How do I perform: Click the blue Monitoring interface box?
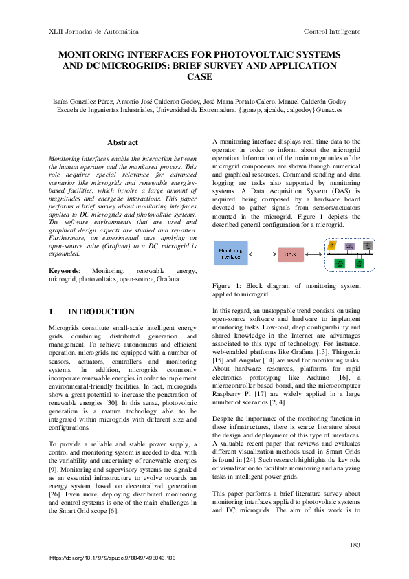[230, 253]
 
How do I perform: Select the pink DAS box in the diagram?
[289, 254]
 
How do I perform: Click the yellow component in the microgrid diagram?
[331, 245]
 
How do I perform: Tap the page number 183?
[355, 545]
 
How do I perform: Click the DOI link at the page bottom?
[113, 558]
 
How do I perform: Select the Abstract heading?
[123, 142]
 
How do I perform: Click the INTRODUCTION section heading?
[101, 312]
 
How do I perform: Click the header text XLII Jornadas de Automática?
[93, 32]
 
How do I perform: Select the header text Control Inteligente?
[332, 32]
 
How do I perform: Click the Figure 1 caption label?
[225, 285]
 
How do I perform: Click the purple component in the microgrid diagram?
[349, 245]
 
